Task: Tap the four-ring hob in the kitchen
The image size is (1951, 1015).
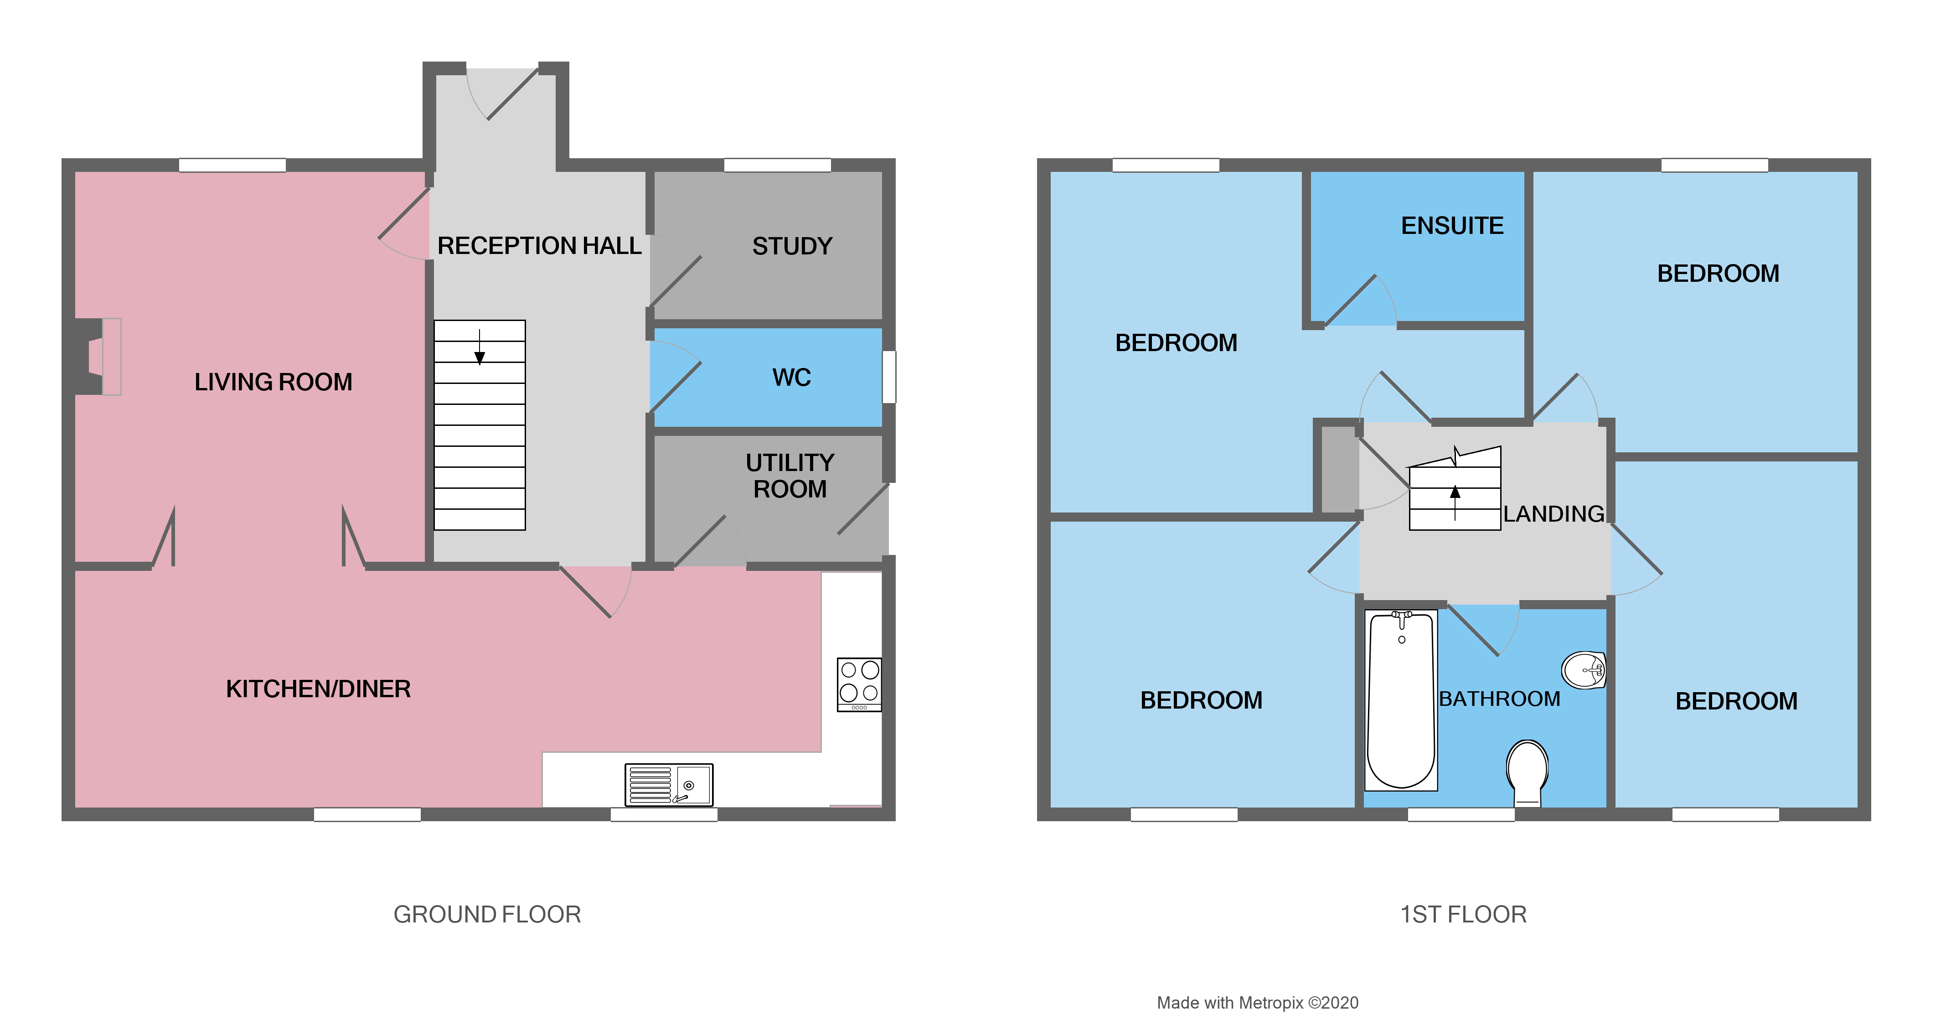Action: coord(859,684)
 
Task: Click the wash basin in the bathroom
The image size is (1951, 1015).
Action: coord(1584,669)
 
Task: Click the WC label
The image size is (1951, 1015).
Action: coord(791,377)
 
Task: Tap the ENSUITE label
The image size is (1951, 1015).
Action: coord(1452,226)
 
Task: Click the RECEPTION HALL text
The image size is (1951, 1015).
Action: coord(539,246)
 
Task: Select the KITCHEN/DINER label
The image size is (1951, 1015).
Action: coord(318,689)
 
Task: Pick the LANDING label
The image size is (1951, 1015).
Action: coord(1554,513)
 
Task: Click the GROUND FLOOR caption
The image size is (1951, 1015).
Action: coord(487,914)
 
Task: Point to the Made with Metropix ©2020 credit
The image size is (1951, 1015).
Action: coord(1257,1002)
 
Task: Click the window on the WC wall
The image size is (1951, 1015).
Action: coord(889,377)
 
